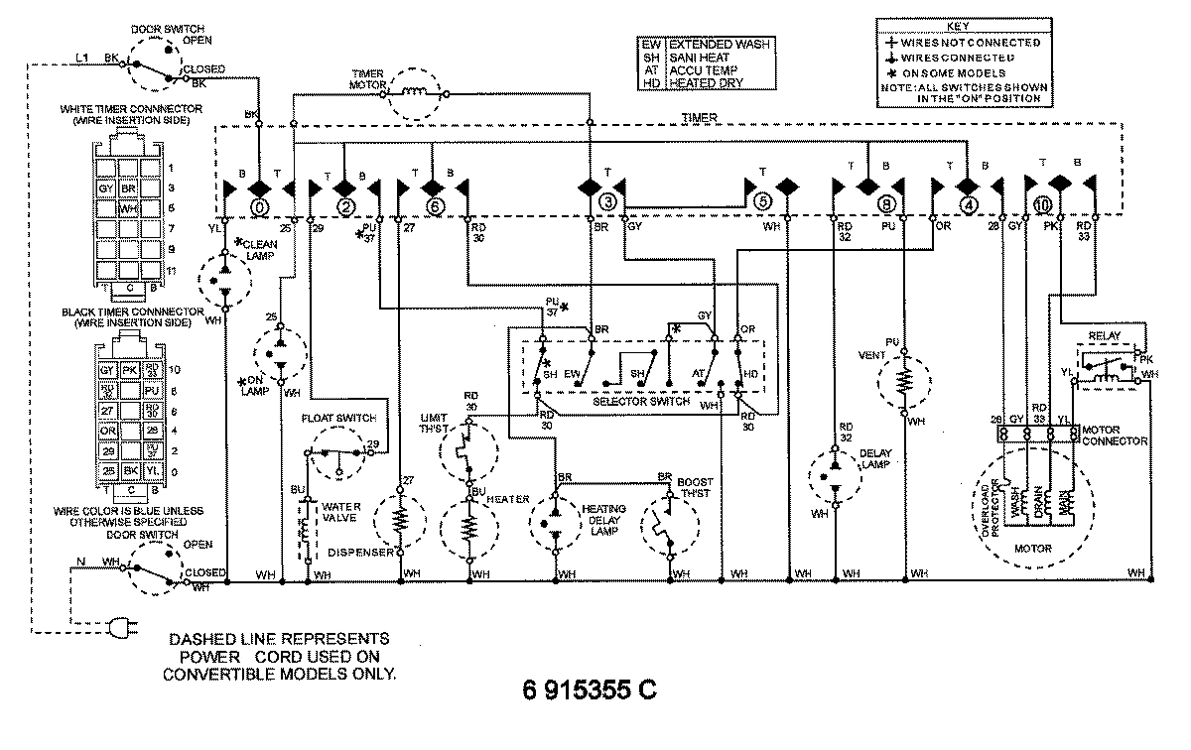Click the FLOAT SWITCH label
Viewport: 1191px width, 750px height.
click(339, 418)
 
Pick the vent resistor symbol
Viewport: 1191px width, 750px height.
click(904, 381)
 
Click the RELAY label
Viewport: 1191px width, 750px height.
click(1104, 336)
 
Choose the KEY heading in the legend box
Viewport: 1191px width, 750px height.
click(959, 27)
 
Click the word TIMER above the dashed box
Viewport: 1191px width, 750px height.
click(701, 117)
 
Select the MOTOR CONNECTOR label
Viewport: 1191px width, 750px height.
click(1116, 435)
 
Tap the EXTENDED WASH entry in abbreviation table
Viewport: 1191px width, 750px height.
click(719, 45)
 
